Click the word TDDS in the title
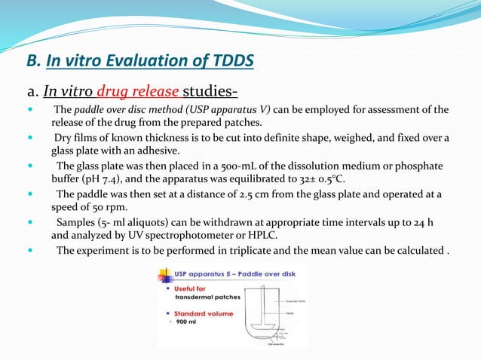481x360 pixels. pos(230,60)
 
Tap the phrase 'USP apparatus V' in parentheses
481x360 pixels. pos(230,110)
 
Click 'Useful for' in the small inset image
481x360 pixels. pos(189,289)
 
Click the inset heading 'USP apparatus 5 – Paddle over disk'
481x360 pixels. pos(231,274)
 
